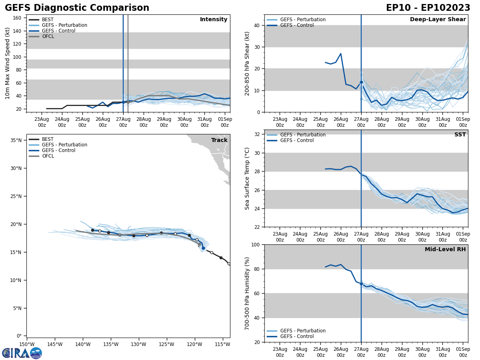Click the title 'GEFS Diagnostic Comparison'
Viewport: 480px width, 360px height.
point(77,8)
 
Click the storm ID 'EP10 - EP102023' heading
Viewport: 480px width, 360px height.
point(428,8)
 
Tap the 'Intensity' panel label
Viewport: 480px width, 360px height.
point(214,20)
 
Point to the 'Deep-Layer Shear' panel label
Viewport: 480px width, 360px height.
point(438,20)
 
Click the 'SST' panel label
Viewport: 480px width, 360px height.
point(460,135)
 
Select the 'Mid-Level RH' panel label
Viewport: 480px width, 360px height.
point(445,250)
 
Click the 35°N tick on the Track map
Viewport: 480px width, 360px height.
point(16,140)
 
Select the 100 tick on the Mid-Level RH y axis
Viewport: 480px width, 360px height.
point(256,244)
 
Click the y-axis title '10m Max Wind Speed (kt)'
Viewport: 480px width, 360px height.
point(8,63)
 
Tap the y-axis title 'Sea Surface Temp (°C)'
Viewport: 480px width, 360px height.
point(247,178)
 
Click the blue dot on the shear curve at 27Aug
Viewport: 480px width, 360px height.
point(361,82)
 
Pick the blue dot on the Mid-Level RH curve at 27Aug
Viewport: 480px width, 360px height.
point(361,284)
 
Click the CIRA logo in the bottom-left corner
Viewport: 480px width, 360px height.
point(22,353)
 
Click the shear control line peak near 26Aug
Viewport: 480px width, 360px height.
point(340,54)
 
